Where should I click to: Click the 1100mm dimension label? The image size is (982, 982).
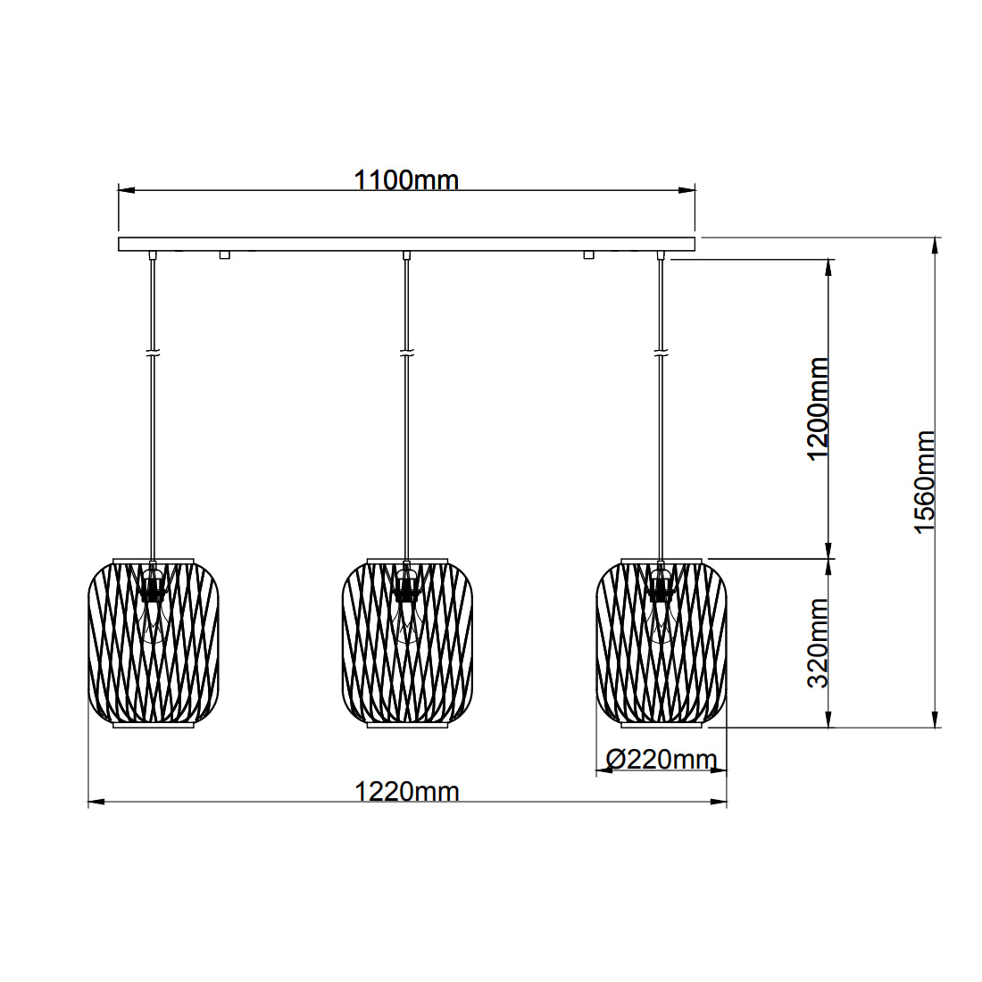click(x=406, y=180)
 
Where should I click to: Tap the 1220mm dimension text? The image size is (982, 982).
click(x=407, y=792)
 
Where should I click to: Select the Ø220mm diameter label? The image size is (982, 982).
click(x=662, y=760)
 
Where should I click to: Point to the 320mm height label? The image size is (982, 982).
click(x=818, y=643)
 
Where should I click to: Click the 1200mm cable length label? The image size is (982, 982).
click(x=818, y=409)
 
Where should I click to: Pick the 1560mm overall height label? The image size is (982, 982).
click(x=924, y=481)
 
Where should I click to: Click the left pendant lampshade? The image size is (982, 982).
click(x=154, y=643)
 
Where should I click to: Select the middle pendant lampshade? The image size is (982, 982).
click(x=407, y=643)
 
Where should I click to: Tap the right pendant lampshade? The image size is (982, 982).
click(x=662, y=643)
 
